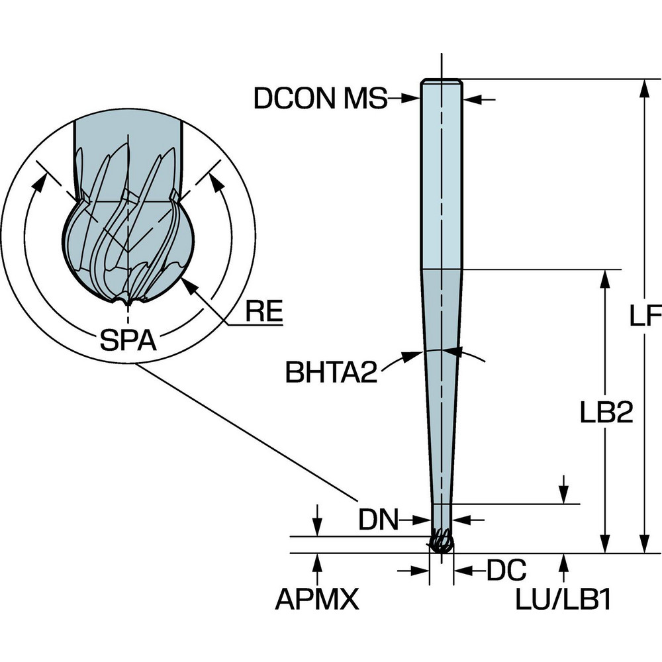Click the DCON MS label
click(x=320, y=99)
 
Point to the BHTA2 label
click(x=332, y=372)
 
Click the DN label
click(x=379, y=520)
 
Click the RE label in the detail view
click(x=263, y=312)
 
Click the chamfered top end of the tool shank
click(x=442, y=82)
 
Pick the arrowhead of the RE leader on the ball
click(x=187, y=284)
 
